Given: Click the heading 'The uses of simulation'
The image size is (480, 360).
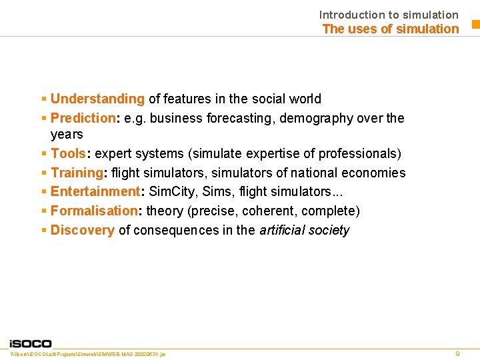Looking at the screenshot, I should [x=391, y=29].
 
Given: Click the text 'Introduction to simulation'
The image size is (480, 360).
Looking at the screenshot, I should [x=389, y=14].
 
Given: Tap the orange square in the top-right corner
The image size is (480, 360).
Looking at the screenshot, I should [x=476, y=25].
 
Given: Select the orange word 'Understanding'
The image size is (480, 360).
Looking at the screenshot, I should [x=97, y=99].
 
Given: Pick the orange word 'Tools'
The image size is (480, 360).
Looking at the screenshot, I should [x=68, y=153].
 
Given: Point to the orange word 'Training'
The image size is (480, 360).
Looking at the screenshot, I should [x=76, y=173].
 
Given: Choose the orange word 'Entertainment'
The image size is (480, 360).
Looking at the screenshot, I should [x=95, y=191].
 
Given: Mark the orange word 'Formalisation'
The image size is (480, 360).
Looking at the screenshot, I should [x=93, y=211].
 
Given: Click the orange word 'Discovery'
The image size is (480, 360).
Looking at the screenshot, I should [x=83, y=230].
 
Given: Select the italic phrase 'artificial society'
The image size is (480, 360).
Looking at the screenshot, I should [x=304, y=230].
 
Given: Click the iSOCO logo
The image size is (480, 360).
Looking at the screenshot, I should [x=31, y=343].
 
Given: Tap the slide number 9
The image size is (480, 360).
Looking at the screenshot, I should [x=457, y=353].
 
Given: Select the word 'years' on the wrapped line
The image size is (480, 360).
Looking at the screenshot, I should [x=67, y=134].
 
